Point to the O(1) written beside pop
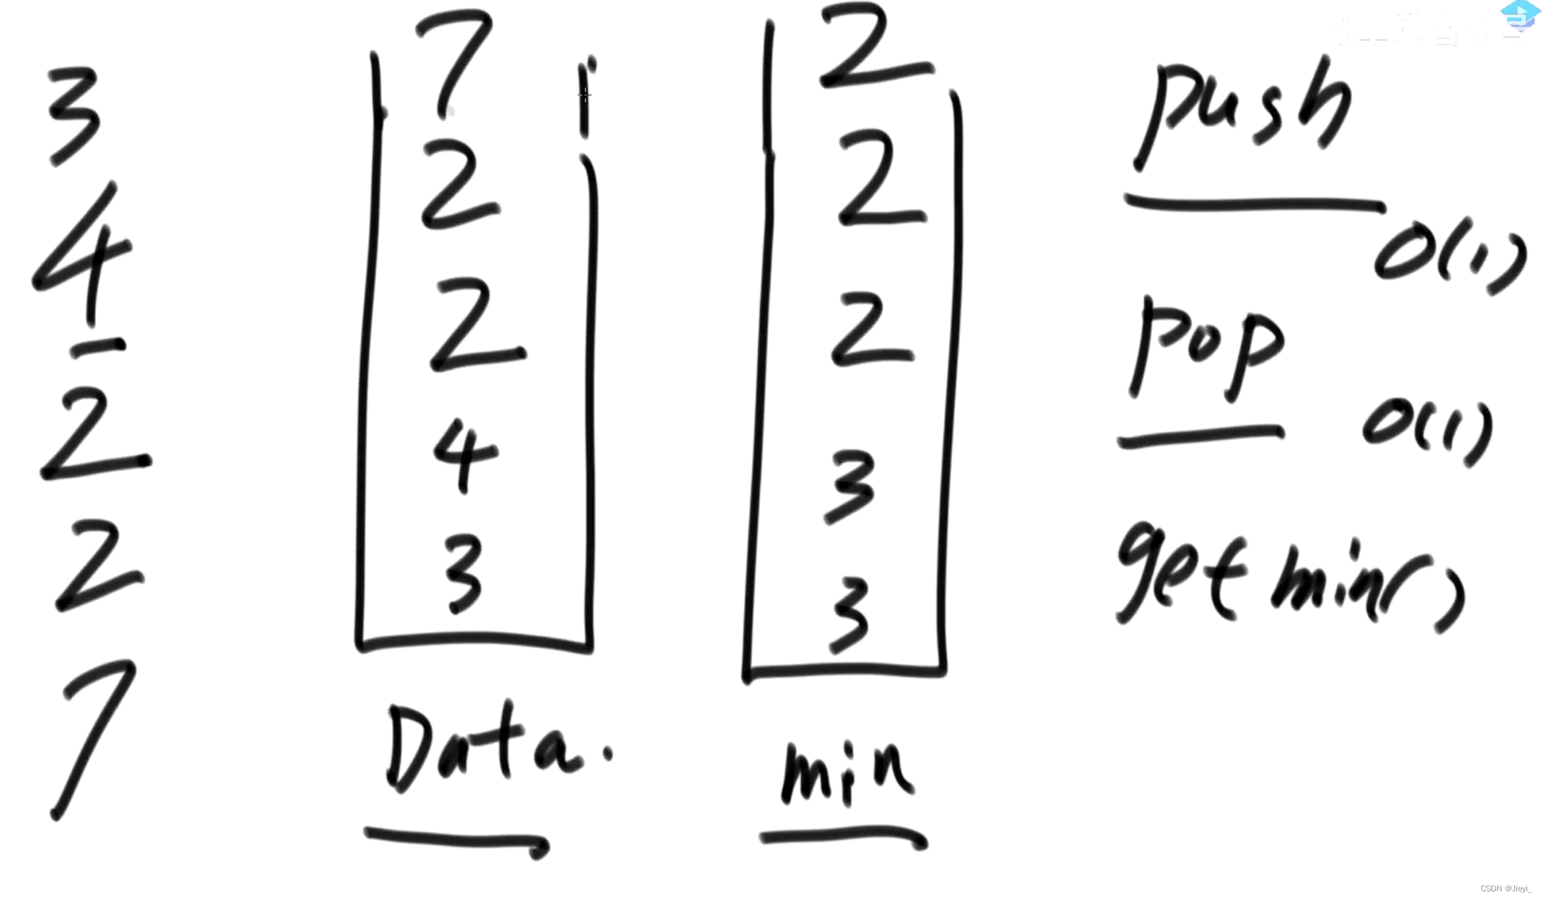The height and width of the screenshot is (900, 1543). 1426,430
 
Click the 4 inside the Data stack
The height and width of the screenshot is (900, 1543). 464,455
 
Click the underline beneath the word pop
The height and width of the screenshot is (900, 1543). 1200,436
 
